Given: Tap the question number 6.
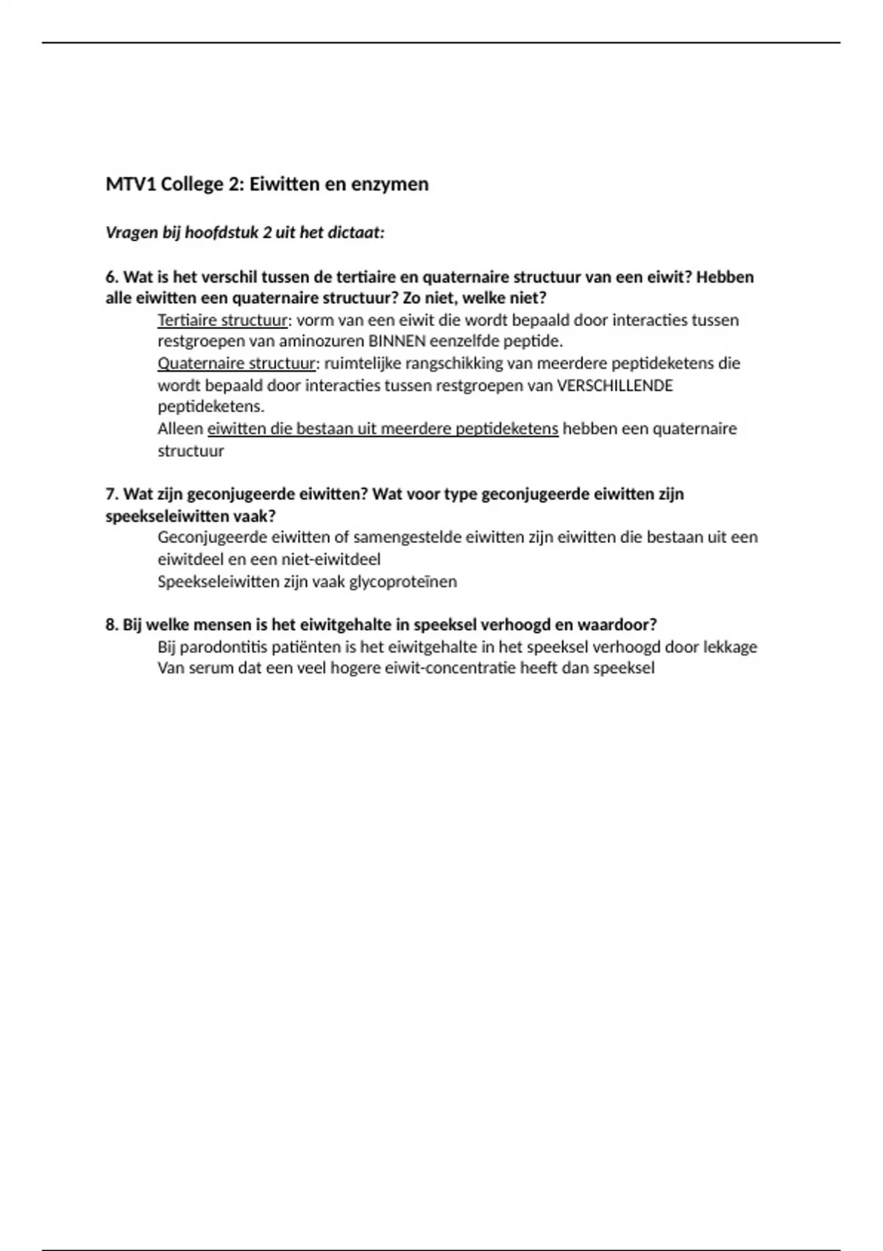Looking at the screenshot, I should click(111, 277).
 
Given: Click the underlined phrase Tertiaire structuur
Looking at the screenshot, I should click(222, 320).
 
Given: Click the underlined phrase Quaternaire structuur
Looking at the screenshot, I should click(236, 364).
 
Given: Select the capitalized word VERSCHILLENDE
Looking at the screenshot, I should click(615, 386).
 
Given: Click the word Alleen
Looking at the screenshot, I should click(180, 429).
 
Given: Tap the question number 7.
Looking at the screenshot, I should click(111, 494).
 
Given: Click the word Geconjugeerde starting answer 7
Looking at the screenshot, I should click(212, 537).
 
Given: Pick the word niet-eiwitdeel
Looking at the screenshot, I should click(331, 559).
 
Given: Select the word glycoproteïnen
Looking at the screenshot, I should click(403, 581).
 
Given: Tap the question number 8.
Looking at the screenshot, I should click(111, 625).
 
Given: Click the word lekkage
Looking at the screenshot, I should click(730, 647).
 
